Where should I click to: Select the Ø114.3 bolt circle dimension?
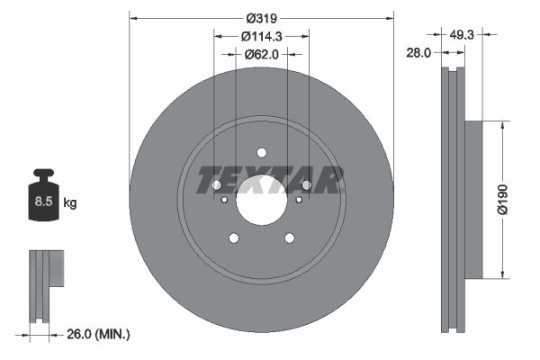point(262,36)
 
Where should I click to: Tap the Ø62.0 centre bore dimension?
point(262,54)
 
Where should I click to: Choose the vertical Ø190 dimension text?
point(505,198)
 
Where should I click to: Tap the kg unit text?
point(69,203)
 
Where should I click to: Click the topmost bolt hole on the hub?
point(262,152)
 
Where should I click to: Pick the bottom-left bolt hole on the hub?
point(234,238)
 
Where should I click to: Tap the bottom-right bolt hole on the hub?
point(290,238)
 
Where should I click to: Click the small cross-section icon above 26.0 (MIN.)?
point(44,283)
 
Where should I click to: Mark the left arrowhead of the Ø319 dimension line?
point(133,15)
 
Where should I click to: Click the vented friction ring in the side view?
point(452,198)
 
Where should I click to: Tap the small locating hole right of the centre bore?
point(298,200)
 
